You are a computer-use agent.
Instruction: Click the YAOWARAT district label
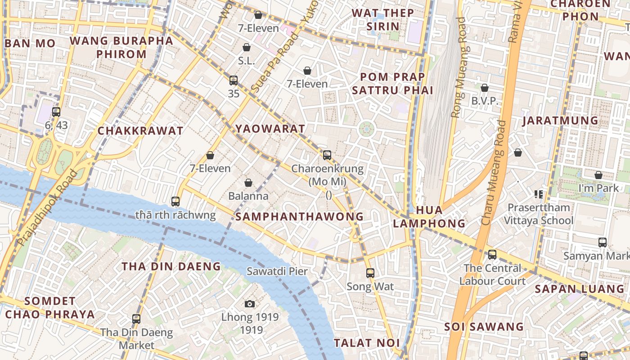coord(270,129)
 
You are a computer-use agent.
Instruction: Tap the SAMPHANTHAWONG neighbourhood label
coord(299,216)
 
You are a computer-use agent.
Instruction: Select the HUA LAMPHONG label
coord(429,216)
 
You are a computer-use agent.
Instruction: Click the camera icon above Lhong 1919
coord(250,304)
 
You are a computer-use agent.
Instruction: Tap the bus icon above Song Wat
coord(370,273)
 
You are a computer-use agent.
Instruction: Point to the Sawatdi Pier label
coord(277,271)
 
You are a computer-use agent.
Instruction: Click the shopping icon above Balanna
coord(248,183)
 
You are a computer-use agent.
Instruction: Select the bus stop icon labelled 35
coord(233,81)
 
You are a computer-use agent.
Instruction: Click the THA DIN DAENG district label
coord(171,266)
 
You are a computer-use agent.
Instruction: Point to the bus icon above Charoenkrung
coord(327,155)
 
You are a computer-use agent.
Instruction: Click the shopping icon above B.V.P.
coord(485,87)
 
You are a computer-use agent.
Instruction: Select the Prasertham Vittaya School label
coord(538,214)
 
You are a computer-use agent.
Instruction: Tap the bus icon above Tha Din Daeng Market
coord(136,319)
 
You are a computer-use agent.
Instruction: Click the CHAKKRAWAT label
coord(140,131)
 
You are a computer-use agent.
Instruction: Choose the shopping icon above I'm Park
coord(598,175)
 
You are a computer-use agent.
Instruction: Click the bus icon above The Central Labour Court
coord(492,255)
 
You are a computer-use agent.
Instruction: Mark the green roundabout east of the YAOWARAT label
coord(367,130)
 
